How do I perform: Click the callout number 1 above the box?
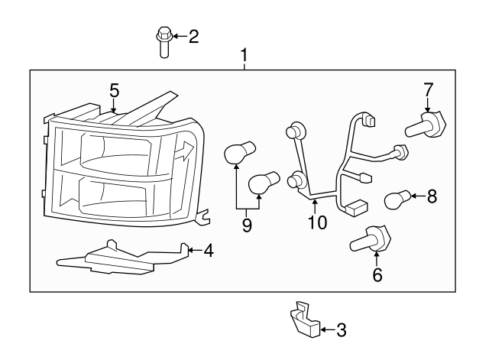[x=244, y=55]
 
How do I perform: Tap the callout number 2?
[x=193, y=36]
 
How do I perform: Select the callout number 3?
[x=341, y=330]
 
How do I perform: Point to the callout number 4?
[x=209, y=249]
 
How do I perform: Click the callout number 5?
[x=114, y=90]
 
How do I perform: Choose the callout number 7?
[x=428, y=90]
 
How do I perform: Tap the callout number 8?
[x=432, y=197]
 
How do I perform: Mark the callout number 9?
[x=245, y=226]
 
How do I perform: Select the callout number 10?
[x=316, y=222]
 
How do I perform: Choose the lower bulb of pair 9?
[x=264, y=183]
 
